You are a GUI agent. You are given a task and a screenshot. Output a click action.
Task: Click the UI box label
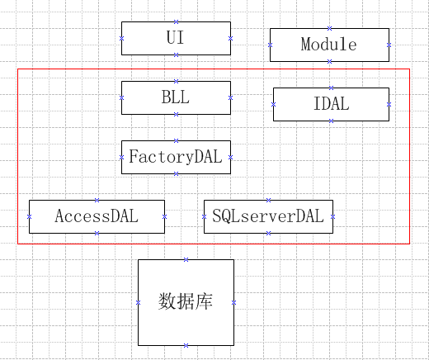point(175,37)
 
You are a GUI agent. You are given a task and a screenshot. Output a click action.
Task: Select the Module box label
point(329,44)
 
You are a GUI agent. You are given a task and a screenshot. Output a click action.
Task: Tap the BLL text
point(176,97)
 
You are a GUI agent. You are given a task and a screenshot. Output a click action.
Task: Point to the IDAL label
point(332,104)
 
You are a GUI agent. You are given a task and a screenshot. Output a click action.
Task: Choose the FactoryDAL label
point(176,157)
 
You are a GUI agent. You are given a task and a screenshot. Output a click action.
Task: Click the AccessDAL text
point(97,216)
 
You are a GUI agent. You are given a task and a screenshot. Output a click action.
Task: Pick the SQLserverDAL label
point(268,216)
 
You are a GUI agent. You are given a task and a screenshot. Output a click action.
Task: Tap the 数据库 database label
point(186,301)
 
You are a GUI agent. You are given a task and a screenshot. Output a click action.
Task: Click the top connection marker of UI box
point(177,21)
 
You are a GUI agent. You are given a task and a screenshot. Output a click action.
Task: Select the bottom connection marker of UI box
point(177,54)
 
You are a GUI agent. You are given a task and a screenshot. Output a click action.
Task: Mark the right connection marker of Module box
point(389,45)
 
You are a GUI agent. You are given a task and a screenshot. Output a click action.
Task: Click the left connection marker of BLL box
point(121,97)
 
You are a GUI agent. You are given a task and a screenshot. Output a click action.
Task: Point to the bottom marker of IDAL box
point(332,121)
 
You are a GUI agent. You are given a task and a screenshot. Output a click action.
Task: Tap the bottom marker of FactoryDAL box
point(177,173)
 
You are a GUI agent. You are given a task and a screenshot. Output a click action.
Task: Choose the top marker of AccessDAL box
point(97,200)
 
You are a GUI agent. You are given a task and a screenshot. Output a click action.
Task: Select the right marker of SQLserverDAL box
point(332,217)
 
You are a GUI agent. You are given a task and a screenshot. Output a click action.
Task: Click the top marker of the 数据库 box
point(186,259)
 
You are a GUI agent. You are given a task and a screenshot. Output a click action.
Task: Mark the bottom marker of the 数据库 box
point(186,345)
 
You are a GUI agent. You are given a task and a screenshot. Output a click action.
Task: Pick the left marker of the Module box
point(270,45)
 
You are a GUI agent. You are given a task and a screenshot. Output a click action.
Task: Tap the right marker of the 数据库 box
point(233,302)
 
